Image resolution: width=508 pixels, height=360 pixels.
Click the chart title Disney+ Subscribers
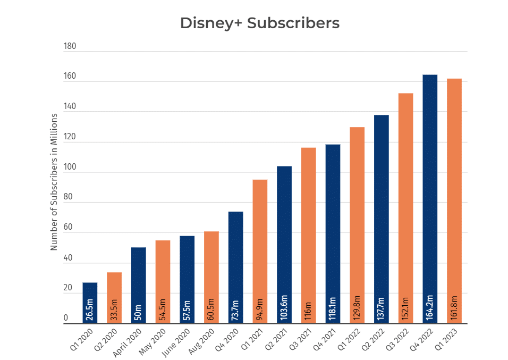(259, 23)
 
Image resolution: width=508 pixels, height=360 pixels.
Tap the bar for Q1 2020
(90, 303)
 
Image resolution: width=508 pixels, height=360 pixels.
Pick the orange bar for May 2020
(163, 282)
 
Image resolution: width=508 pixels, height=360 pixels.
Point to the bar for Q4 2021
(333, 233)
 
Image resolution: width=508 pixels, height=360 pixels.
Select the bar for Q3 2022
(405, 208)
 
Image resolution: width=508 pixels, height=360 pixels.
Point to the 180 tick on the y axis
(70, 46)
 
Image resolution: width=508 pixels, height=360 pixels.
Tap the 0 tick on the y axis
(66, 319)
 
